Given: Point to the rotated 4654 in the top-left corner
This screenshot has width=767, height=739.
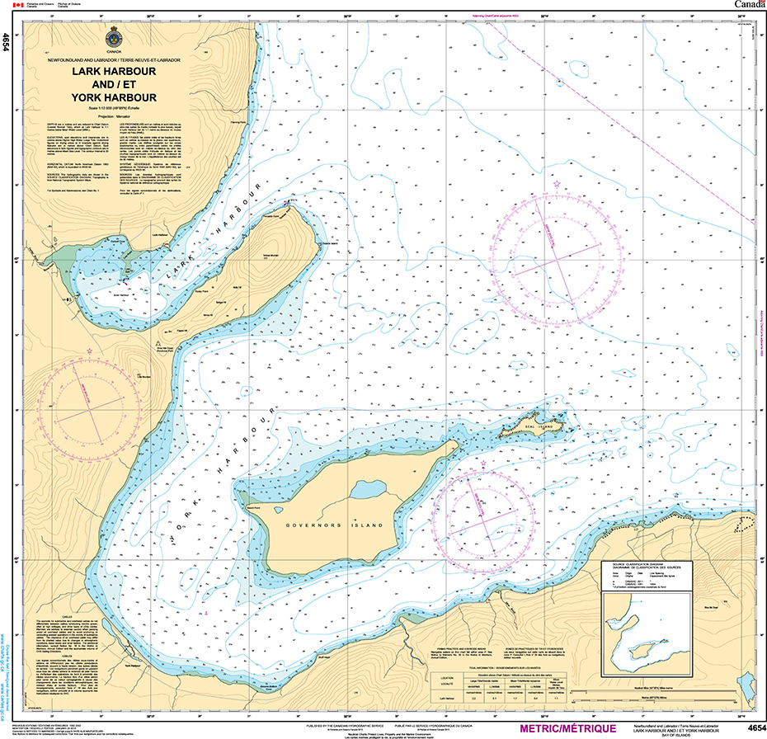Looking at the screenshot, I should pyautogui.click(x=7, y=41).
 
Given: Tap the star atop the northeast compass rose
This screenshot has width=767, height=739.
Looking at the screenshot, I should pyautogui.click(x=557, y=185).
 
